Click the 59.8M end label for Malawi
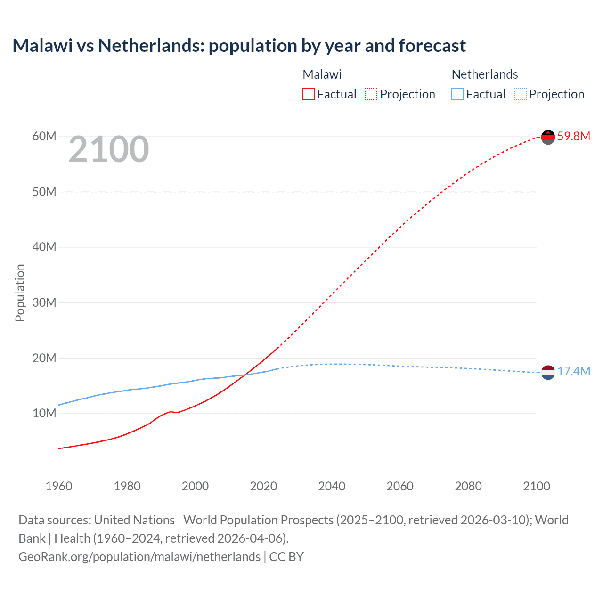[573, 137]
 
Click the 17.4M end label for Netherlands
[573, 371]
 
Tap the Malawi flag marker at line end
[548, 137]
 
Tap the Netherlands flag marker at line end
[548, 372]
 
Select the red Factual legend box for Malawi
[308, 94]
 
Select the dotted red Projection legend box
[371, 94]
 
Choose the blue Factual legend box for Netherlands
[457, 94]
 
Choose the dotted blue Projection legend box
[520, 94]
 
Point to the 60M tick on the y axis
[44, 137]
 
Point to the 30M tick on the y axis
[44, 302]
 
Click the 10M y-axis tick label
[44, 413]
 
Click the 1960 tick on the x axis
[59, 486]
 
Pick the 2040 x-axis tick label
[332, 486]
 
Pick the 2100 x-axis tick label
[536, 486]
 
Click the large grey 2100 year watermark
[109, 150]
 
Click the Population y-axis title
[20, 293]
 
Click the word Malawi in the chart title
[42, 46]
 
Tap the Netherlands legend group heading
[484, 74]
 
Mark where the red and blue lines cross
[244, 375]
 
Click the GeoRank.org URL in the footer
[139, 557]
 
